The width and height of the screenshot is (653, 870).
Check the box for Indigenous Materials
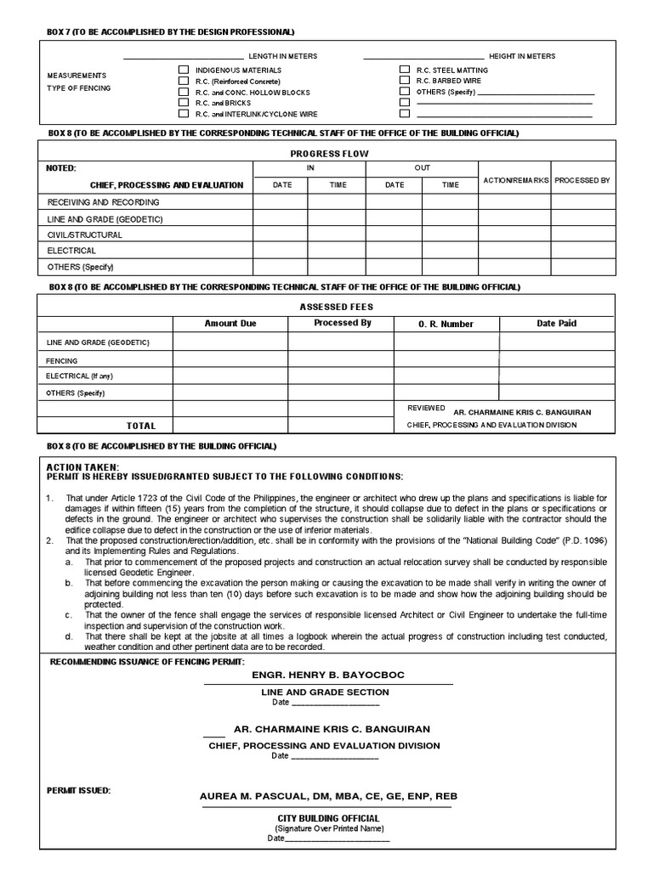(183, 70)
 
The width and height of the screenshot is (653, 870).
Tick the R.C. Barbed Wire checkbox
(404, 81)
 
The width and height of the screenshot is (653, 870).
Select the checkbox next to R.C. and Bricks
(183, 103)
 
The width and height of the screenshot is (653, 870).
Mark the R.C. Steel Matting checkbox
(404, 70)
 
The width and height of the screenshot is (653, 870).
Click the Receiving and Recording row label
(103, 202)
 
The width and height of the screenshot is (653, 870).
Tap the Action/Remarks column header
(515, 181)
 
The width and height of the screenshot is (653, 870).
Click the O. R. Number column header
(446, 324)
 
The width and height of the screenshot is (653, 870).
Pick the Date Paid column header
(556, 324)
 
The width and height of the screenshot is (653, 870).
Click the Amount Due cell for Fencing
(230, 360)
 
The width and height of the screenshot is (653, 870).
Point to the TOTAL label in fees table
(141, 426)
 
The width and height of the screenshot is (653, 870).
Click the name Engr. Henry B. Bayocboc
(328, 675)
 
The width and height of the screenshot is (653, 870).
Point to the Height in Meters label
(521, 56)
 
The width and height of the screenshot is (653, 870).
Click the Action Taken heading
(83, 467)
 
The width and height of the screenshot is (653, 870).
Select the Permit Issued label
(78, 790)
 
